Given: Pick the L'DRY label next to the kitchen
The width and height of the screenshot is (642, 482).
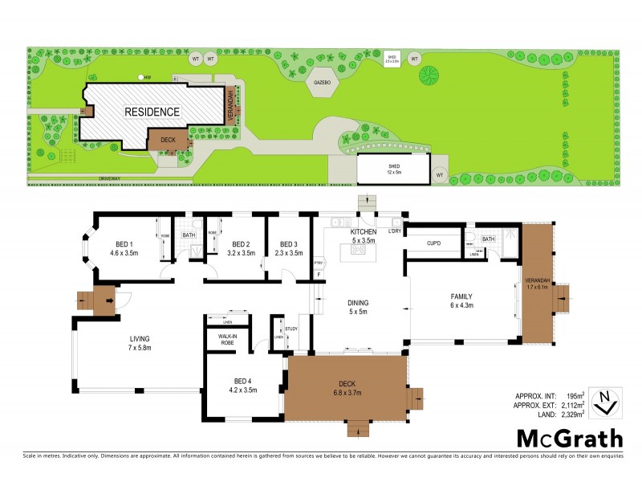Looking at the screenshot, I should coord(394,231).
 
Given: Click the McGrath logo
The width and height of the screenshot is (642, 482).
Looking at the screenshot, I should coord(568,439).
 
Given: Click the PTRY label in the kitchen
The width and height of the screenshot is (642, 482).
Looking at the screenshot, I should coord(318,262).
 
